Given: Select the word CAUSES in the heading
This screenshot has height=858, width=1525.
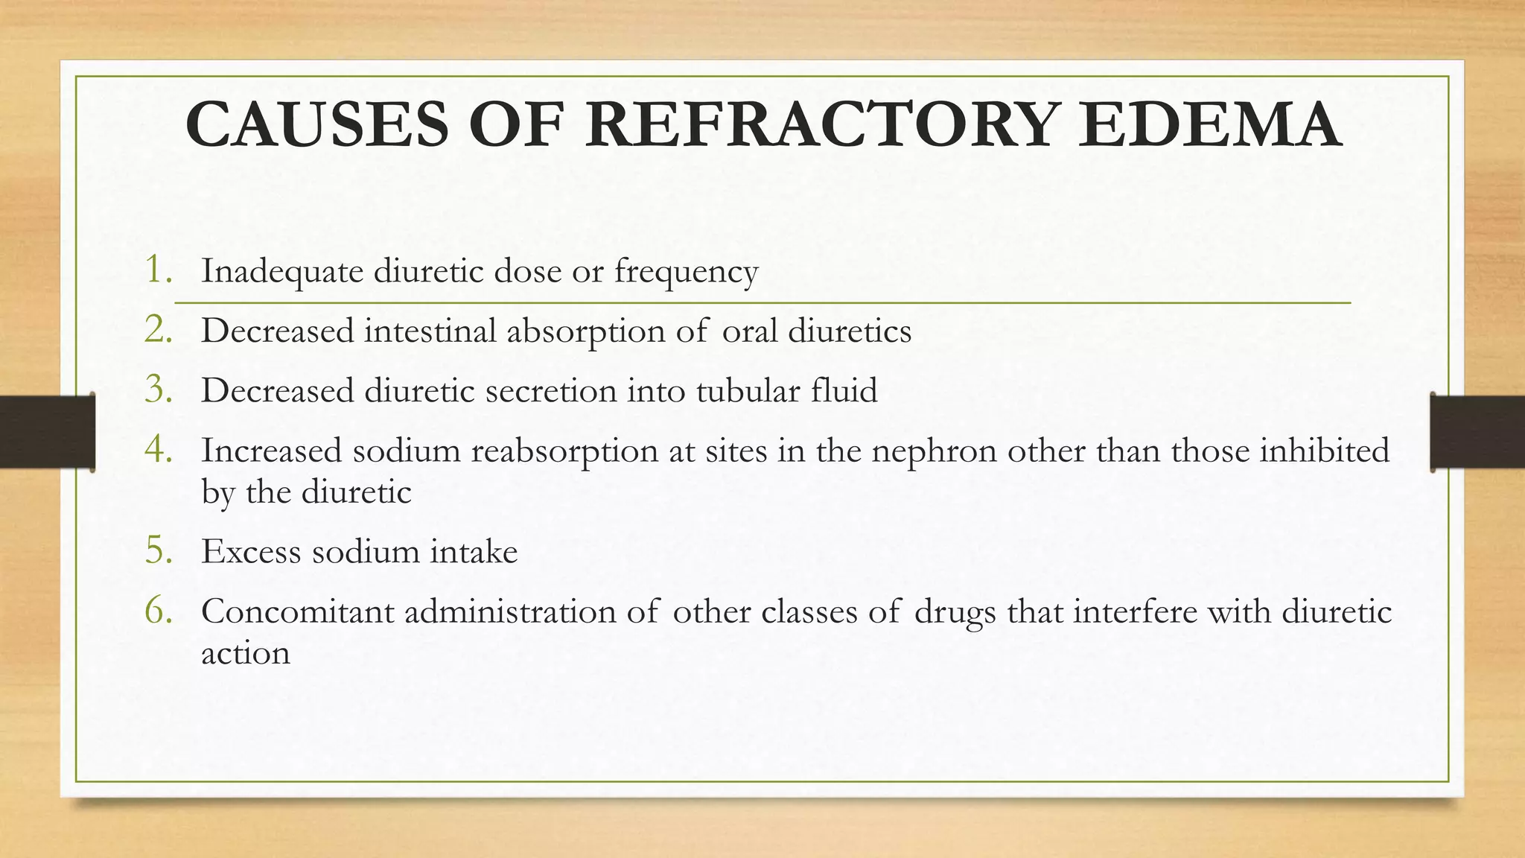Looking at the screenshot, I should point(317,124).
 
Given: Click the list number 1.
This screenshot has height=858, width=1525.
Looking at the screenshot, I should point(159,270).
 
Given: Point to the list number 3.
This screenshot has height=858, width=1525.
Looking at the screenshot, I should point(159,390).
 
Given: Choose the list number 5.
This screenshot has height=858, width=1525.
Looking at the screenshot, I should point(159,551).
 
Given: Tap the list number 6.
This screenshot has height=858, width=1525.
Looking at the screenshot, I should point(159,611).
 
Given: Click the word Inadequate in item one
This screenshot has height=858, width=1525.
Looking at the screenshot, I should point(282,271).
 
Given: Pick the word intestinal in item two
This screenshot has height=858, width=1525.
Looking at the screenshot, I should point(430,331).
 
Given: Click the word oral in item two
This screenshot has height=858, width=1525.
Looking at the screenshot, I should point(750,331).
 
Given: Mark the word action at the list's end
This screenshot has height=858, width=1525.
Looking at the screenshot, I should point(245,654).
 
